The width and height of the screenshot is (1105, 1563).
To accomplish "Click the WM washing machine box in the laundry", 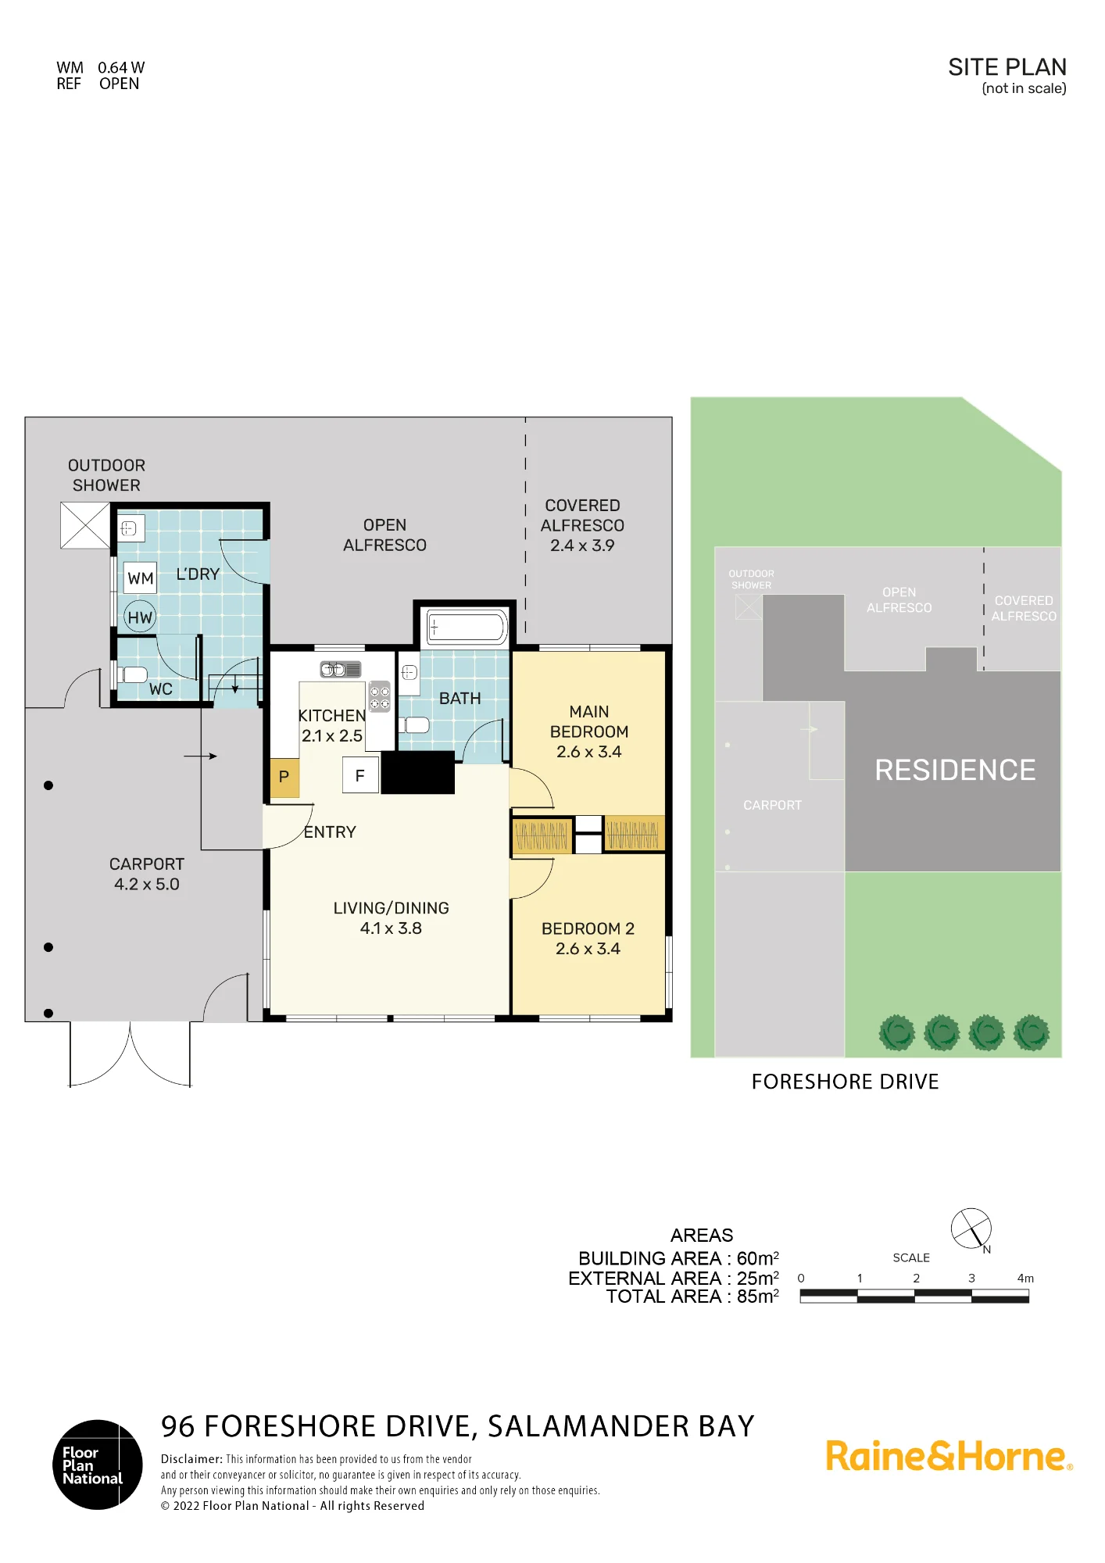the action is (141, 578).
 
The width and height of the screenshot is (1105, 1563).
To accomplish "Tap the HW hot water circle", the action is (140, 617).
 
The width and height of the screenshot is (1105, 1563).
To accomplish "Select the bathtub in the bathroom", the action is (466, 628).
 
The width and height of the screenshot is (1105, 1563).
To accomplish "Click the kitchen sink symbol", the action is (341, 669).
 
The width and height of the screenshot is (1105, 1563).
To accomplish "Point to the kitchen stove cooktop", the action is (380, 697).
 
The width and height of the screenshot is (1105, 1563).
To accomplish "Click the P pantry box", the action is (284, 778).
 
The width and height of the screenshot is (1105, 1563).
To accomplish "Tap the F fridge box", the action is (360, 775).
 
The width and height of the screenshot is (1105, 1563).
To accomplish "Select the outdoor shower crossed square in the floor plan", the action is (85, 525).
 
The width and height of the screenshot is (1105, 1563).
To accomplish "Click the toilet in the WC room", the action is (131, 674).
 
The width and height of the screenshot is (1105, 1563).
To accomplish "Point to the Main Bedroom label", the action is (589, 731).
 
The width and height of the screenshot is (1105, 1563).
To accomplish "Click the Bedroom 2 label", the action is (588, 939).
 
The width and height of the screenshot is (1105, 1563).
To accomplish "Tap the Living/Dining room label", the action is (391, 918).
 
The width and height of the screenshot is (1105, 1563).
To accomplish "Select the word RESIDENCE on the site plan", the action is (955, 770).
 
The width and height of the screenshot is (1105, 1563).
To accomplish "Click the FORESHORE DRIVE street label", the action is (845, 1082).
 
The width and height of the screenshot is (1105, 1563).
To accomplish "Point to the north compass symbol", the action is (971, 1229).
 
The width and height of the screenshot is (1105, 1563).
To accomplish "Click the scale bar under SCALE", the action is (914, 1297).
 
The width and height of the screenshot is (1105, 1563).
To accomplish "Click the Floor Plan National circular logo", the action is (98, 1465).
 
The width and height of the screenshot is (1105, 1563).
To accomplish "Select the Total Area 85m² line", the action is (692, 1297).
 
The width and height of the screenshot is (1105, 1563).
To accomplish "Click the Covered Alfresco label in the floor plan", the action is (582, 525).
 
